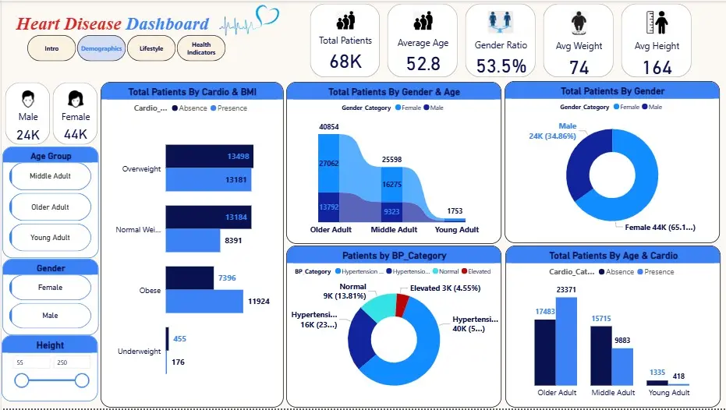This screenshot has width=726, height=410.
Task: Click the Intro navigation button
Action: pos(51,48)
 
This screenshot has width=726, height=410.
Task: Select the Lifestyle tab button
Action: pos(151,48)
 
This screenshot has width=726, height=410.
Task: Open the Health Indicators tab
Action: pos(201,48)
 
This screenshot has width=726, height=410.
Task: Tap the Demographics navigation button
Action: pos(101,48)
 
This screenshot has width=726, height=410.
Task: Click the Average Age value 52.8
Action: pos(423,64)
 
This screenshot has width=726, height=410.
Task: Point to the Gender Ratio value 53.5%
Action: pos(501,65)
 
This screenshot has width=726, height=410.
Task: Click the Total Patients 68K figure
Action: pos(345,62)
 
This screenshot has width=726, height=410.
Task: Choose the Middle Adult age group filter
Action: pos(51,176)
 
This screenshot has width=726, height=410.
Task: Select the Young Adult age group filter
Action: pos(51,238)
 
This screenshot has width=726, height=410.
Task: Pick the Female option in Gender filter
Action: pos(51,288)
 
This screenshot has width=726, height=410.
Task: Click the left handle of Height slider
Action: pos(22,380)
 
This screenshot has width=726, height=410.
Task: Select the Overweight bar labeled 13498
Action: pos(208,156)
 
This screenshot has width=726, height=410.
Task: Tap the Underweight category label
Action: pos(139,352)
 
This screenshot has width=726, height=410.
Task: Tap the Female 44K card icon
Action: pos(76,100)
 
